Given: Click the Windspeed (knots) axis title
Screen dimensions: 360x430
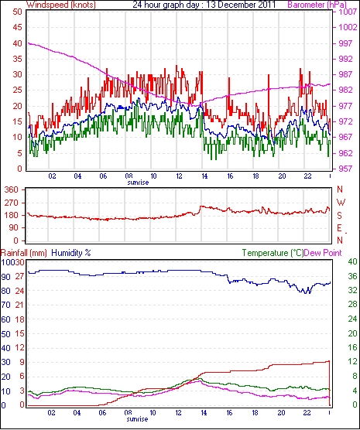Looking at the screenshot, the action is (61, 5).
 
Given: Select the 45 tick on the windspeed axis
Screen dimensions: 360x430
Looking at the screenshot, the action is (17, 27).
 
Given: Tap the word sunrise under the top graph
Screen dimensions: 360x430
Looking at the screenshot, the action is (138, 183).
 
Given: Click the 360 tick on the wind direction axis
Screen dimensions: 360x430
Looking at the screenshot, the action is (12, 189).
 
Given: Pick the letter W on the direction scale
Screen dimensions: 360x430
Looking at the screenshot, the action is (341, 203).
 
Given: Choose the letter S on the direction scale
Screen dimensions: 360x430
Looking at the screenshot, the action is (339, 216).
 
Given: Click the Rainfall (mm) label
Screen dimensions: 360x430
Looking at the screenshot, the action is (24, 253).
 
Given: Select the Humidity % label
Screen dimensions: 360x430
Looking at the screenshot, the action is (71, 253).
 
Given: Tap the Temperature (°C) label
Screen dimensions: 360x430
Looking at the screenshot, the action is (273, 253).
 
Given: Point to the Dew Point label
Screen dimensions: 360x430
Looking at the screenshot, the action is (323, 253).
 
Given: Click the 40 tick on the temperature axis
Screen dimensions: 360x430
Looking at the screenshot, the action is (352, 261).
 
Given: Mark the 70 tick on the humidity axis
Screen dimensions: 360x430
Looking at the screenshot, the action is (5, 305).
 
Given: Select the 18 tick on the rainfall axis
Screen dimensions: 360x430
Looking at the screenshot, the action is (20, 319).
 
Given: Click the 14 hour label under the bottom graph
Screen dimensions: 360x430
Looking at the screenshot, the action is (204, 412).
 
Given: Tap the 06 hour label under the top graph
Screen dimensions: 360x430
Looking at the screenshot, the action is (103, 176).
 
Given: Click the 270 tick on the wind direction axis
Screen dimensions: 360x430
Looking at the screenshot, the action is (12, 203).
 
